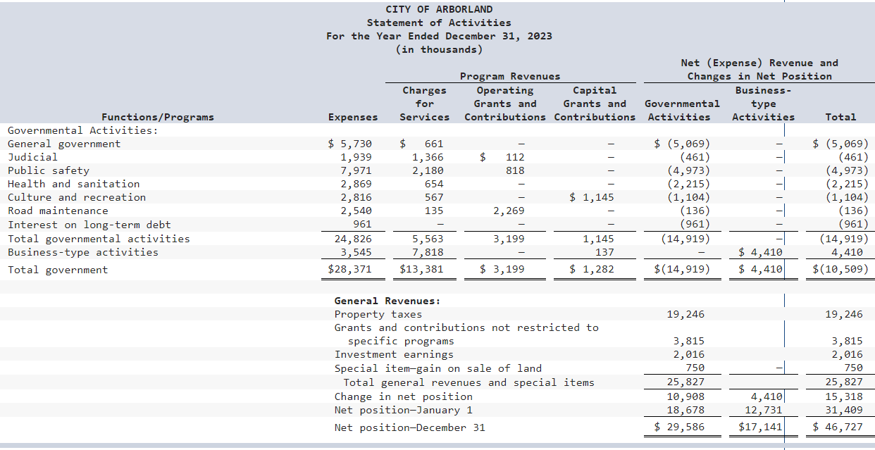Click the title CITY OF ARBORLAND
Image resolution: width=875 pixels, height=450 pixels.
coord(439,9)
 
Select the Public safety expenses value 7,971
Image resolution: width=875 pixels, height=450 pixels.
coord(356,170)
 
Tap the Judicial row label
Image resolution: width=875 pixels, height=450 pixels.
coord(32,157)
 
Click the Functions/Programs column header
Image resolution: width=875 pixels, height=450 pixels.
coord(158,117)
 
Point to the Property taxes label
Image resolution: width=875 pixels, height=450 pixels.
coord(378,314)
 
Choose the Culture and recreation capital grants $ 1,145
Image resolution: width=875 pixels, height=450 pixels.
coord(592,197)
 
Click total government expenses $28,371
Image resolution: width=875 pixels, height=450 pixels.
coord(350,269)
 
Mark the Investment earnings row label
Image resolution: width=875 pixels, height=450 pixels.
coord(394,354)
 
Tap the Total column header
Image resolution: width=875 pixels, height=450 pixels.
coord(840,117)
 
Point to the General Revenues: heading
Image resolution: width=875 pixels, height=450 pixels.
coord(387,301)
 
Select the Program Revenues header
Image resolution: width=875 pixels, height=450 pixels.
coord(510,76)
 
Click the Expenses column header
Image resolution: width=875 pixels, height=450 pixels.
coord(353,117)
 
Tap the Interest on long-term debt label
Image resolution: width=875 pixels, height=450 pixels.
coord(89,225)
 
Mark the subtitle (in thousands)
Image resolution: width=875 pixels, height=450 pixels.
coord(439,49)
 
